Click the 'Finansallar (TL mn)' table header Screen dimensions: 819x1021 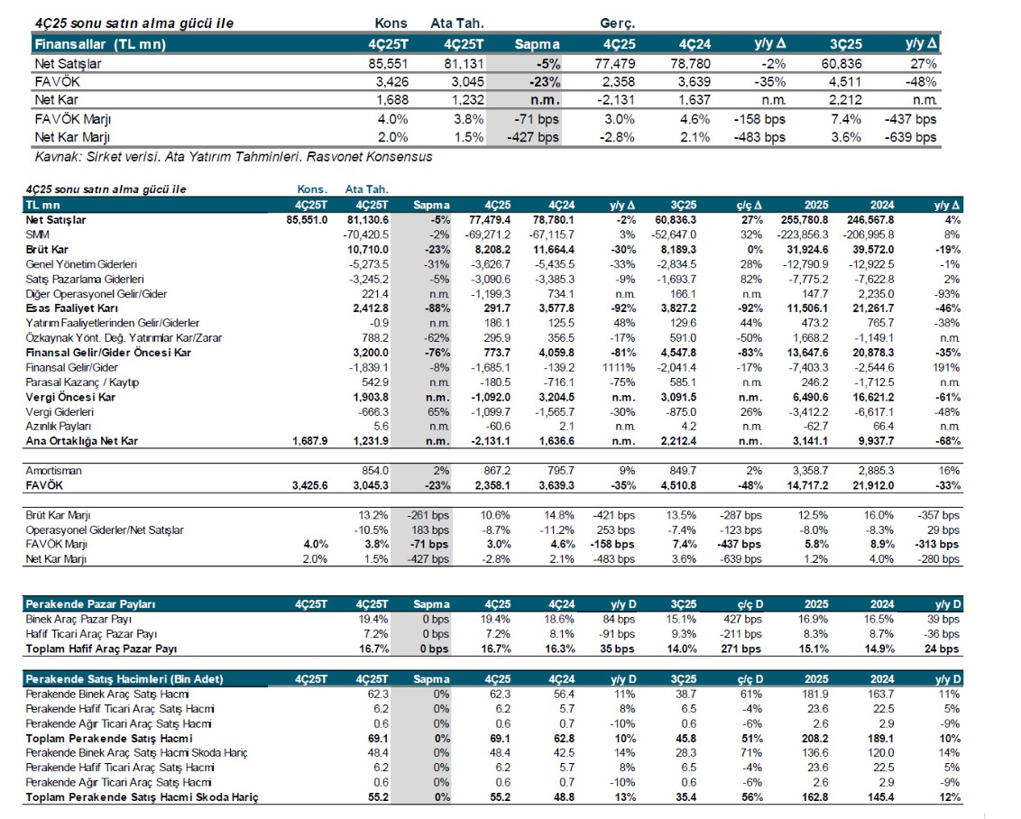99,43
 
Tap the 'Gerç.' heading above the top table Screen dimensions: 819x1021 618,23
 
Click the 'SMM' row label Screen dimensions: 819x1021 37,233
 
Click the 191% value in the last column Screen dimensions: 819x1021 946,367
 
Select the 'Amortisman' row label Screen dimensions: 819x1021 53,471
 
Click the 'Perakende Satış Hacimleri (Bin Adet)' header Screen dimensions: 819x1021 124,678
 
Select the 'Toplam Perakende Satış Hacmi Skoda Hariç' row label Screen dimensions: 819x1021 143,797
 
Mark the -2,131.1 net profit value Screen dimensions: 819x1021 491,441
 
